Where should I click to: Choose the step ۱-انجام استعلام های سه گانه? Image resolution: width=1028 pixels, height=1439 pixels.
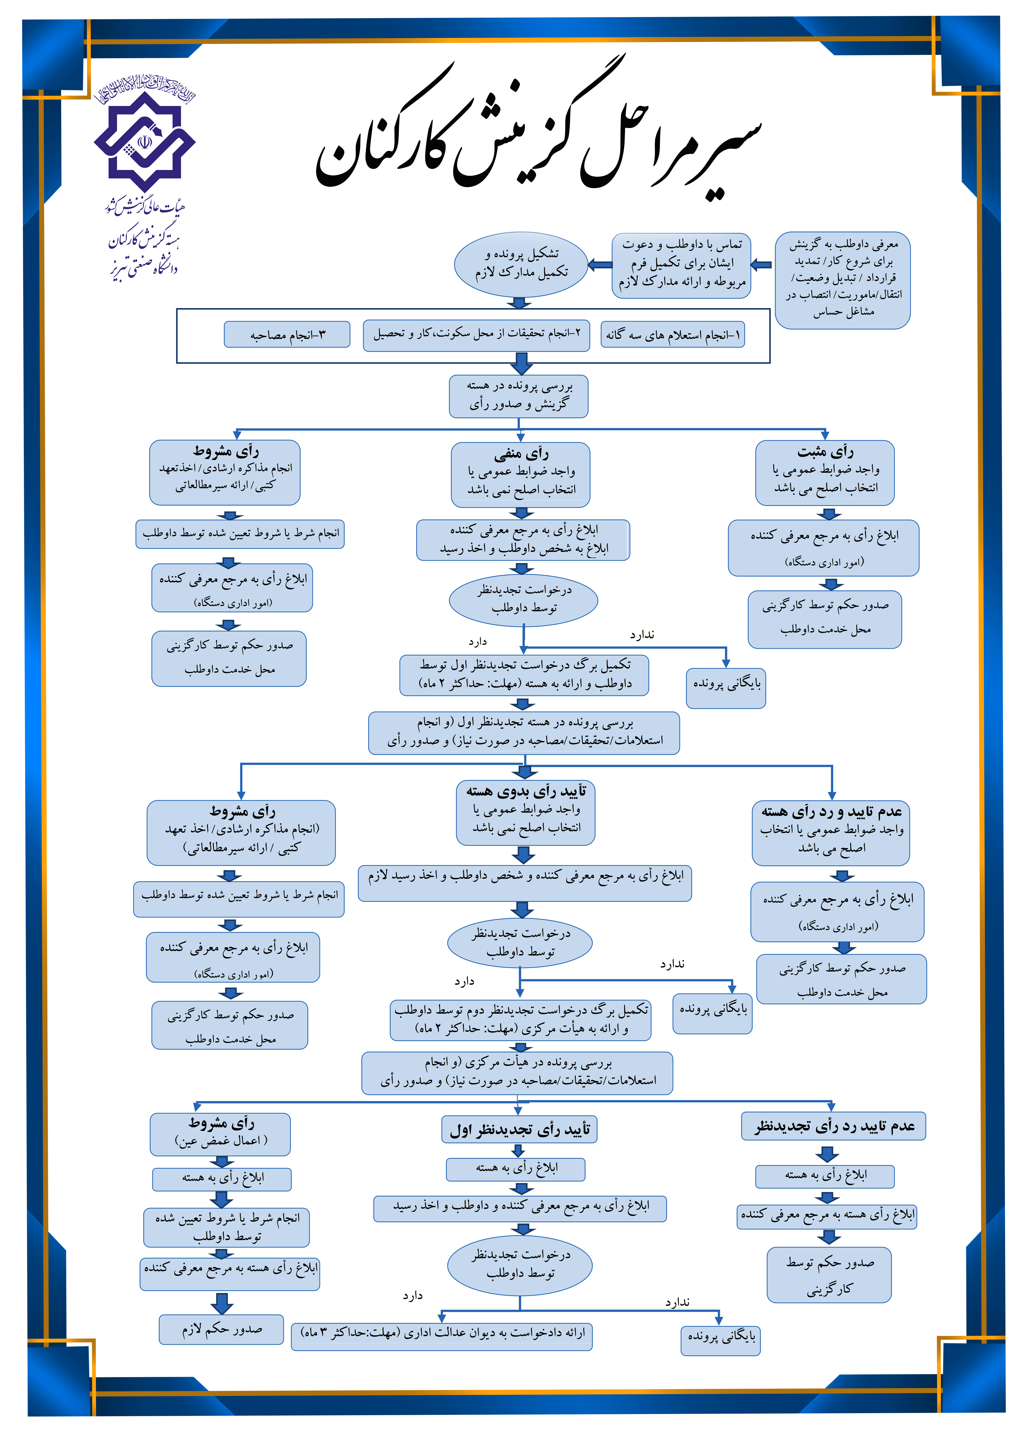pos(672,335)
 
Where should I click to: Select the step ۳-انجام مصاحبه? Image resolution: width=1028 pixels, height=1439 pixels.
pos(287,335)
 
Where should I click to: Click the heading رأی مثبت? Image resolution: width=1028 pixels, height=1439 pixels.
pos(825,452)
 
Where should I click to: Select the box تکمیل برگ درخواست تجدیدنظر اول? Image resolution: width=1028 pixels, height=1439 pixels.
pos(524,675)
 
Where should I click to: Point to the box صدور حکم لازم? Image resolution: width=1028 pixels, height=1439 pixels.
pos(221,1329)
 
